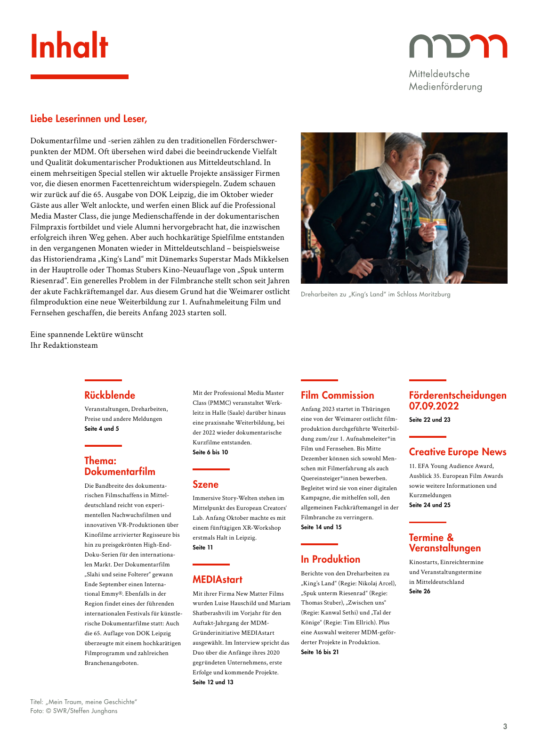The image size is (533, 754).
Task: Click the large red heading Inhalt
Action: click(69, 47)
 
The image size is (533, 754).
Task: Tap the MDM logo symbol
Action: click(458, 46)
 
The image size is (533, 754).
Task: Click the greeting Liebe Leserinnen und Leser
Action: click(89, 119)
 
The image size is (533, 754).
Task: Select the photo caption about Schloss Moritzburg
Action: click(375, 294)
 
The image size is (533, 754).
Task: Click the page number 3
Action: click(505, 726)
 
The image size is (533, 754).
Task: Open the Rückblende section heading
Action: click(110, 395)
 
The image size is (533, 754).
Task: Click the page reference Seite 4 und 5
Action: click(102, 429)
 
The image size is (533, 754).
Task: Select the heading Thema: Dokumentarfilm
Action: click(120, 466)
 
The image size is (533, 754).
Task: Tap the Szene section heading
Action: click(205, 484)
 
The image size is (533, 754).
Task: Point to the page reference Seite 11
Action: click(202, 548)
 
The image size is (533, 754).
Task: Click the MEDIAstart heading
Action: click(217, 580)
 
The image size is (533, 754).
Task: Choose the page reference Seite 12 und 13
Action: click(213, 682)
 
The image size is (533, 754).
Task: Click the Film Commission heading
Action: click(337, 395)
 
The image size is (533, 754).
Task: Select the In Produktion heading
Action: click(330, 559)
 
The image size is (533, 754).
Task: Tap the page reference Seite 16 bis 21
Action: click(320, 652)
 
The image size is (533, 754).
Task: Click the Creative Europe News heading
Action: click(457, 452)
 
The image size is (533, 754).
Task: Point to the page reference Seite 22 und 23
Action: click(429, 420)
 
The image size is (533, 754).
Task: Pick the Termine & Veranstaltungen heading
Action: click(444, 543)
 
